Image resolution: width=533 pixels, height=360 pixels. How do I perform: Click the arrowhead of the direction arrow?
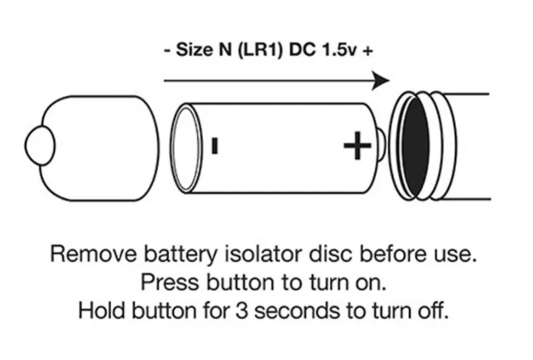pyautogui.click(x=381, y=81)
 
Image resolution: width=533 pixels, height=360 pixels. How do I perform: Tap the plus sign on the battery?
pyautogui.click(x=357, y=147)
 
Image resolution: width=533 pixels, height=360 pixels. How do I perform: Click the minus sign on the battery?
pyautogui.click(x=214, y=146)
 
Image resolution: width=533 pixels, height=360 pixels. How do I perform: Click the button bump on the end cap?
pyautogui.click(x=38, y=146)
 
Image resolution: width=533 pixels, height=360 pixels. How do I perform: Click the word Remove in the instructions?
pyautogui.click(x=89, y=255)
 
